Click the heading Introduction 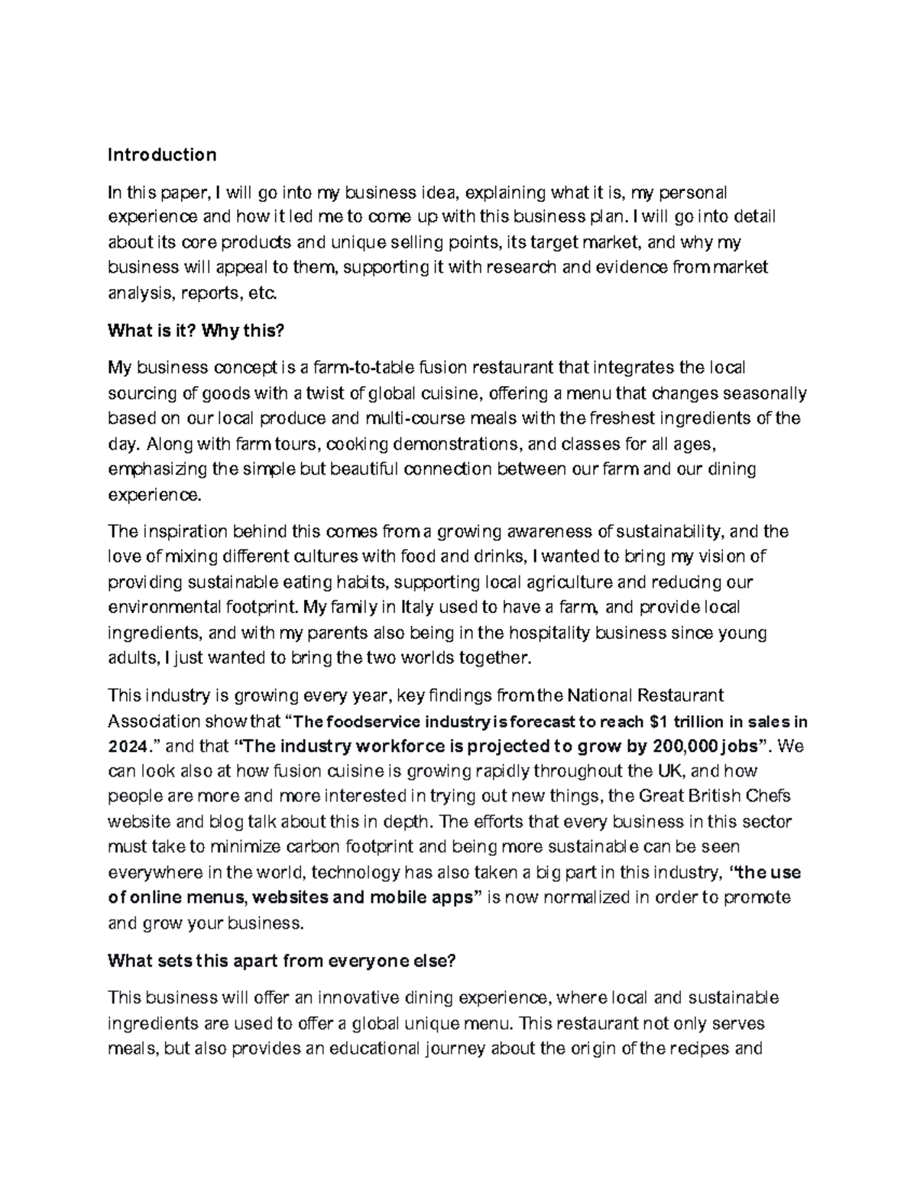(162, 155)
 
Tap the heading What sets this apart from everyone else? (282, 962)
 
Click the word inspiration (181, 532)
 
